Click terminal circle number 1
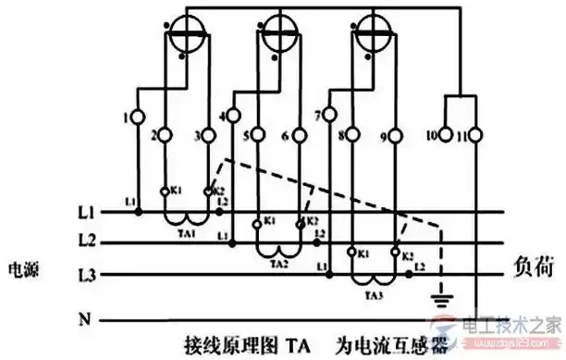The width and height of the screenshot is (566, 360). (x=138, y=118)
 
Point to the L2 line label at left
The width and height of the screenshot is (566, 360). (x=86, y=242)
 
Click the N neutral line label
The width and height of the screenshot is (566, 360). (x=85, y=320)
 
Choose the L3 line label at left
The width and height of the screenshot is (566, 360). (x=86, y=275)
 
